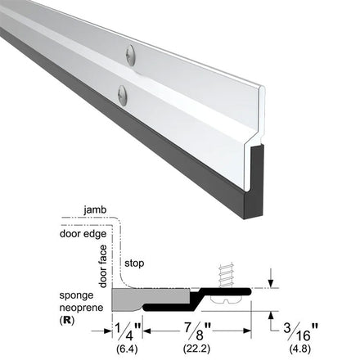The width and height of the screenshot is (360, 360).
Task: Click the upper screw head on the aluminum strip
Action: pyautogui.click(x=131, y=55)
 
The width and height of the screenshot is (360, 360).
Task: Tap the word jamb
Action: pyautogui.click(x=95, y=210)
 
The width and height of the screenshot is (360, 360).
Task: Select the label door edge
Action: pyautogui.click(x=83, y=234)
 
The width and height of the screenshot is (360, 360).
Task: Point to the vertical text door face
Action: pyautogui.click(x=103, y=266)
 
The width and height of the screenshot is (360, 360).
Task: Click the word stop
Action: pyautogui.click(x=134, y=263)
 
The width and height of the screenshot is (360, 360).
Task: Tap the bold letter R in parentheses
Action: pyautogui.click(x=67, y=320)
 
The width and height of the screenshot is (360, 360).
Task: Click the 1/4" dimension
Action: pyautogui.click(x=128, y=331)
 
